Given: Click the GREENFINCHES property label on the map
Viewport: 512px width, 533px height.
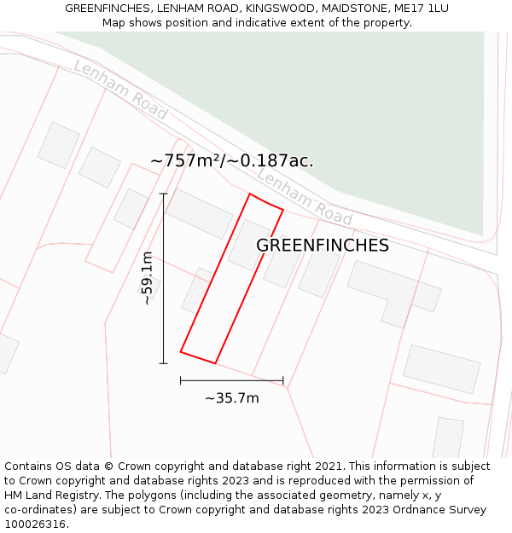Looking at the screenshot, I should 323,246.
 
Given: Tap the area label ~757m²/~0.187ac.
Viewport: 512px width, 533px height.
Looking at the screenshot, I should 231,160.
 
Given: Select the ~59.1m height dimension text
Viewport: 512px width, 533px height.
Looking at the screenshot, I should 148,278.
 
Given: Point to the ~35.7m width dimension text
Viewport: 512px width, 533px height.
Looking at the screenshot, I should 231,397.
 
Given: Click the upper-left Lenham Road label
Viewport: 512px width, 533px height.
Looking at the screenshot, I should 119,89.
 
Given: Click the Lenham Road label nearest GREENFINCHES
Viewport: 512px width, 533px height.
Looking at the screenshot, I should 304,198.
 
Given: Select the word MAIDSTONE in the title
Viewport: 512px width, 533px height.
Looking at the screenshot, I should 352,9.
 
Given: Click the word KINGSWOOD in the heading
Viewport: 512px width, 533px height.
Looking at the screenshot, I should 278,9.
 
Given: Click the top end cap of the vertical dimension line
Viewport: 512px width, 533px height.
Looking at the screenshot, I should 163,194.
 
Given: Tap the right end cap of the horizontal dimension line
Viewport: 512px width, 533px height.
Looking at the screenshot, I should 283,380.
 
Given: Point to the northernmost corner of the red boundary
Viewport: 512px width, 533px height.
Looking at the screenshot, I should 250,194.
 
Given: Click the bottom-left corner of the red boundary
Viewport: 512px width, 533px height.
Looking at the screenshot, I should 181,351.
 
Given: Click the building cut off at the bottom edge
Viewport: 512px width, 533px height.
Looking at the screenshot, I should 448,437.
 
